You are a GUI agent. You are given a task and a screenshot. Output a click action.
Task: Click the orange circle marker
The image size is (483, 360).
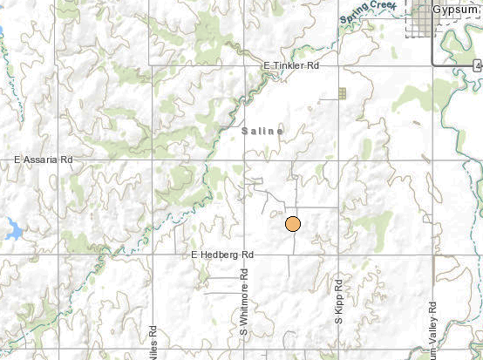coord(293,224)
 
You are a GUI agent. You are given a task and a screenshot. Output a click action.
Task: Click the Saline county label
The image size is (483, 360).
coord(262,131)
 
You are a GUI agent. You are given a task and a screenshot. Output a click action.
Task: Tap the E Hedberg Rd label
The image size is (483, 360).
coord(221,255)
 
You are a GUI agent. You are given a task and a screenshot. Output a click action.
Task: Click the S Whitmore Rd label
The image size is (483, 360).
coord(245,307)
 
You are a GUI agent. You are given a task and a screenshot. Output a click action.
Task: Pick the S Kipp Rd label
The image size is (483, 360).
coord(339,302)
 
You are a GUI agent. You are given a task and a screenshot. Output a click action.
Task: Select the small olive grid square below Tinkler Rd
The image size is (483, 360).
coord(343,92)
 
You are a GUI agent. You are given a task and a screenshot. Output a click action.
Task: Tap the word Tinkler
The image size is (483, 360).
coord(294,66)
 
